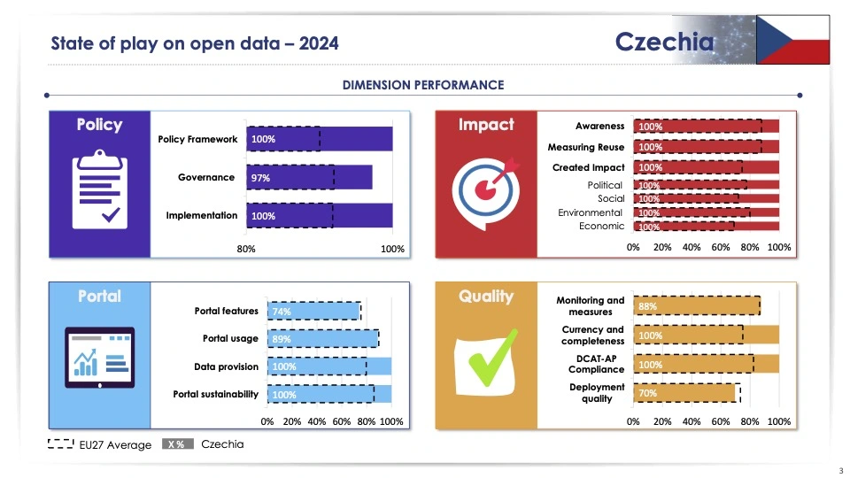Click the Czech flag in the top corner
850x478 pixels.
click(x=792, y=41)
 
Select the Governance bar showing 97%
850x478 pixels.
click(x=309, y=178)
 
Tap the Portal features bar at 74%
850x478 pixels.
click(x=313, y=312)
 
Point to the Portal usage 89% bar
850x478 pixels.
click(x=322, y=339)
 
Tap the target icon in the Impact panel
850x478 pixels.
click(x=485, y=189)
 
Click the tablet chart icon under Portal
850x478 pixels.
click(x=99, y=358)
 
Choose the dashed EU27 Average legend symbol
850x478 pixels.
click(x=60, y=444)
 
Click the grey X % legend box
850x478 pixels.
click(x=178, y=444)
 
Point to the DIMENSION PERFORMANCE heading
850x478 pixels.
click(x=423, y=85)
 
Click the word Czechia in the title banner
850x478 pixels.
click(x=664, y=42)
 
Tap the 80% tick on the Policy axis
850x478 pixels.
click(x=246, y=249)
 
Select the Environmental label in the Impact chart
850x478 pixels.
click(x=590, y=212)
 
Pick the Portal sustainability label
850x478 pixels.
click(x=215, y=394)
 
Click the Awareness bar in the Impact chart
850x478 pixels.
click(x=706, y=127)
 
